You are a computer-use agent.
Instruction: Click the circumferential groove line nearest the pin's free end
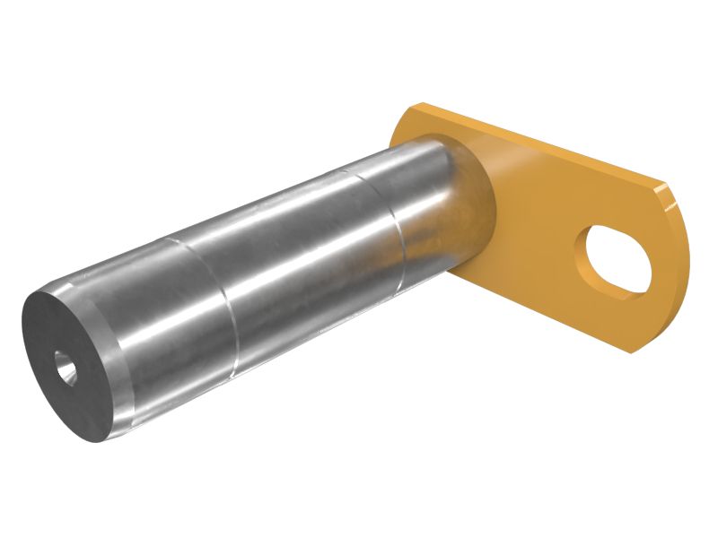(228, 305)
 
